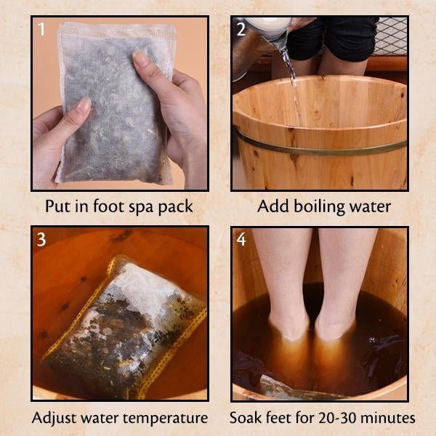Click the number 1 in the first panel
point(41,29)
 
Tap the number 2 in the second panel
point(241,29)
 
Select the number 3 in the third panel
point(41,239)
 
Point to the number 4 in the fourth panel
point(241,239)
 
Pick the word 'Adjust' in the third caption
point(53,419)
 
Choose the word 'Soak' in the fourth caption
point(246,418)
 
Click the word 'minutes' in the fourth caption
point(389,418)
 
